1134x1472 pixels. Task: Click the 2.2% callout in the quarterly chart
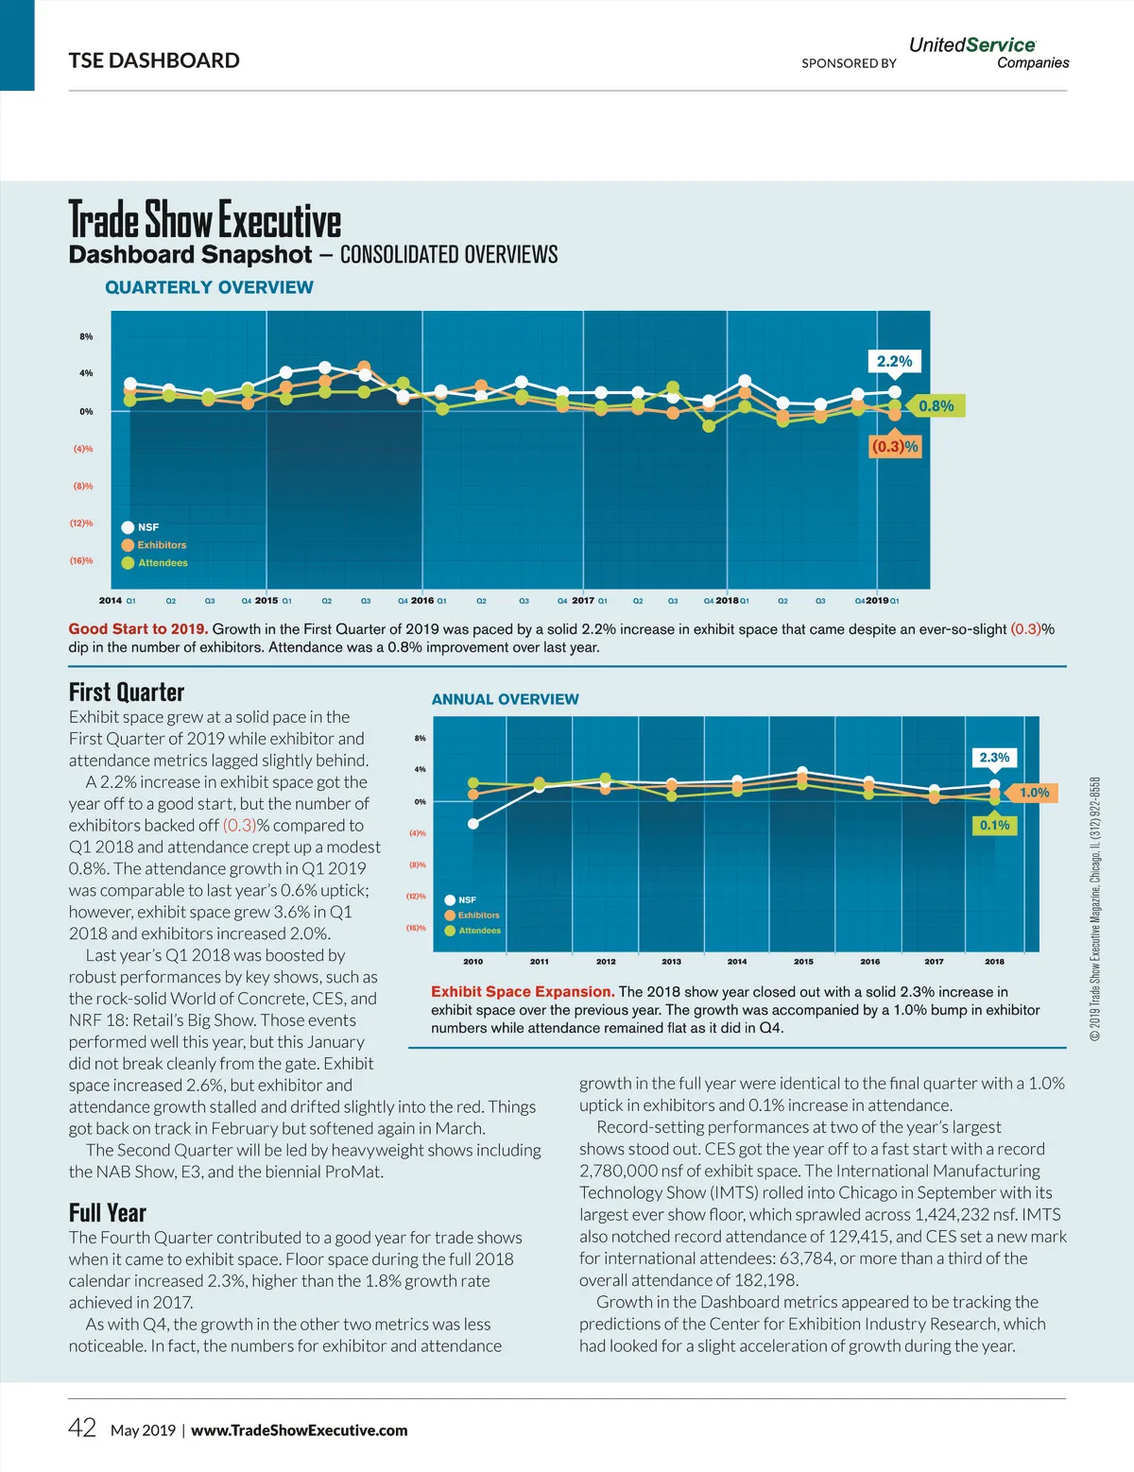894,361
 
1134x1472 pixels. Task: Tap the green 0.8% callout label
936,406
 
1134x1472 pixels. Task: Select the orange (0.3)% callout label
894,446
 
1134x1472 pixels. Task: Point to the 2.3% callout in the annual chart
994,758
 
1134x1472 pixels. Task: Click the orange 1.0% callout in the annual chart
1034,793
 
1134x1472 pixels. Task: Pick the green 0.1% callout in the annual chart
994,825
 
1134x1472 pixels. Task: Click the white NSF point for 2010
473,824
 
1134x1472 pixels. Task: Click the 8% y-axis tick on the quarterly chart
86,336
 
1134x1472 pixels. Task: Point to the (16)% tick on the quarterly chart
81,560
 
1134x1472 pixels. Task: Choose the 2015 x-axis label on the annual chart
803,962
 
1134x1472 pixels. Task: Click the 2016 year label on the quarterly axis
422,600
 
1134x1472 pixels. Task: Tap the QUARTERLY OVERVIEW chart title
209,287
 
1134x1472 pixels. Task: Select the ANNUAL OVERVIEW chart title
505,699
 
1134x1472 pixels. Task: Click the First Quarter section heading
127,692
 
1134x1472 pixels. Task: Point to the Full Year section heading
108,1212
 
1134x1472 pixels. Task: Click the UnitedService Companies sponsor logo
988,53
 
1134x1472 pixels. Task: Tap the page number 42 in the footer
82,1428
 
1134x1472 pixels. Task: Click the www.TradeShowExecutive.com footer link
300,1430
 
